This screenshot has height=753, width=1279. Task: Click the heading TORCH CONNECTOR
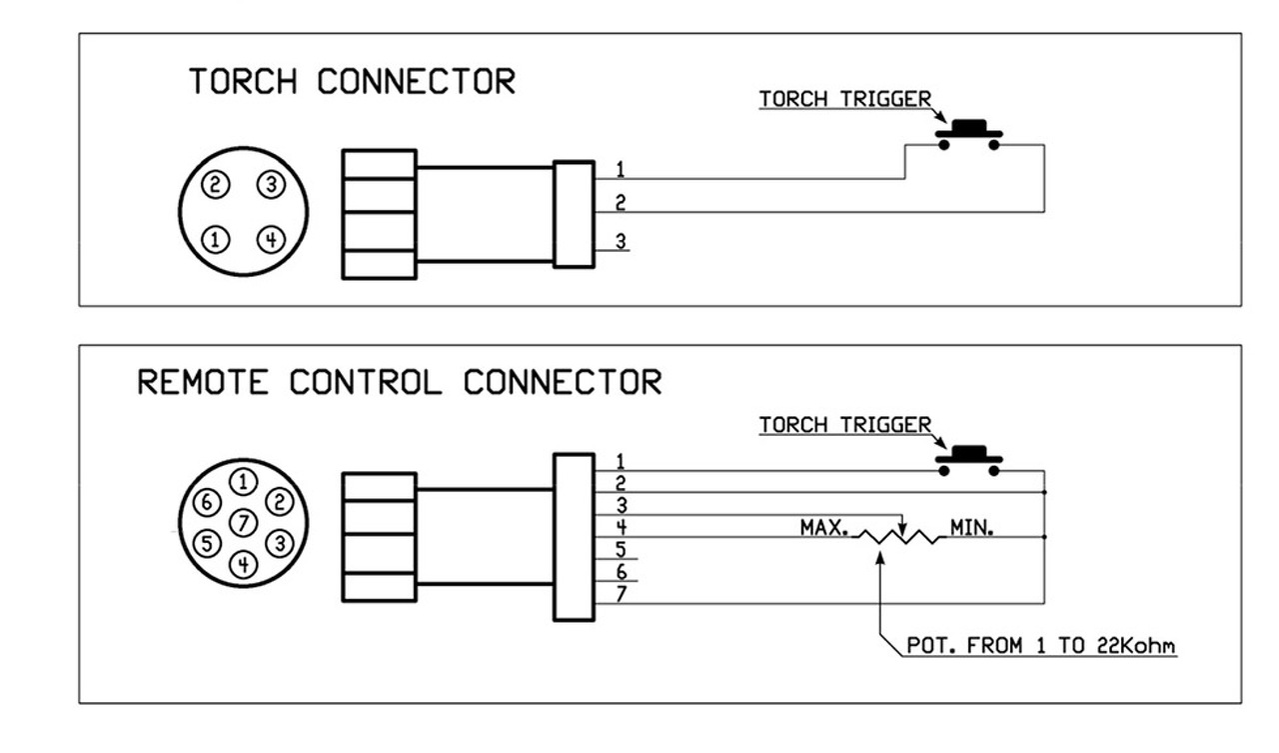click(x=352, y=82)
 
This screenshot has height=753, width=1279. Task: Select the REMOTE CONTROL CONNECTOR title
click(x=399, y=382)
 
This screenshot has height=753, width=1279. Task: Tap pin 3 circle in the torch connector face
click(x=270, y=184)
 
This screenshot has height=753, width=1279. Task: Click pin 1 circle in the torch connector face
click(x=216, y=239)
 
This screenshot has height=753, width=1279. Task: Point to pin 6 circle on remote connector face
click(x=206, y=501)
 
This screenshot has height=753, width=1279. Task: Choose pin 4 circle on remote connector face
click(x=244, y=564)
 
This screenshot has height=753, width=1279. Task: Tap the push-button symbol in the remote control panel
click(x=968, y=460)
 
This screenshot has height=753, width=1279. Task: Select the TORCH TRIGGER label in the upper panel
click(x=844, y=99)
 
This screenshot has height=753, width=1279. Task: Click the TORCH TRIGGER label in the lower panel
click(x=844, y=425)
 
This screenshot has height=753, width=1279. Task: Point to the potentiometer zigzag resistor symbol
click(x=900, y=538)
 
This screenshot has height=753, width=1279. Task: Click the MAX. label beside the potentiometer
click(x=823, y=526)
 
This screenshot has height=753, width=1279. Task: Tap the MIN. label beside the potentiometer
click(x=971, y=526)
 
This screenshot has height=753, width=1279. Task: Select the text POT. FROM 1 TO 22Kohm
click(x=1040, y=646)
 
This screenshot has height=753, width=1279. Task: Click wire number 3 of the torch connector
click(x=621, y=241)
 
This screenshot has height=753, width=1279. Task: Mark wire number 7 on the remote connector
click(x=621, y=595)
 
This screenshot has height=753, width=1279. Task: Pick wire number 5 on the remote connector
click(x=621, y=550)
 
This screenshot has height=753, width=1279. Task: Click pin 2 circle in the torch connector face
click(x=216, y=184)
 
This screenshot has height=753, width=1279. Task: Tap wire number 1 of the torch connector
click(x=621, y=169)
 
